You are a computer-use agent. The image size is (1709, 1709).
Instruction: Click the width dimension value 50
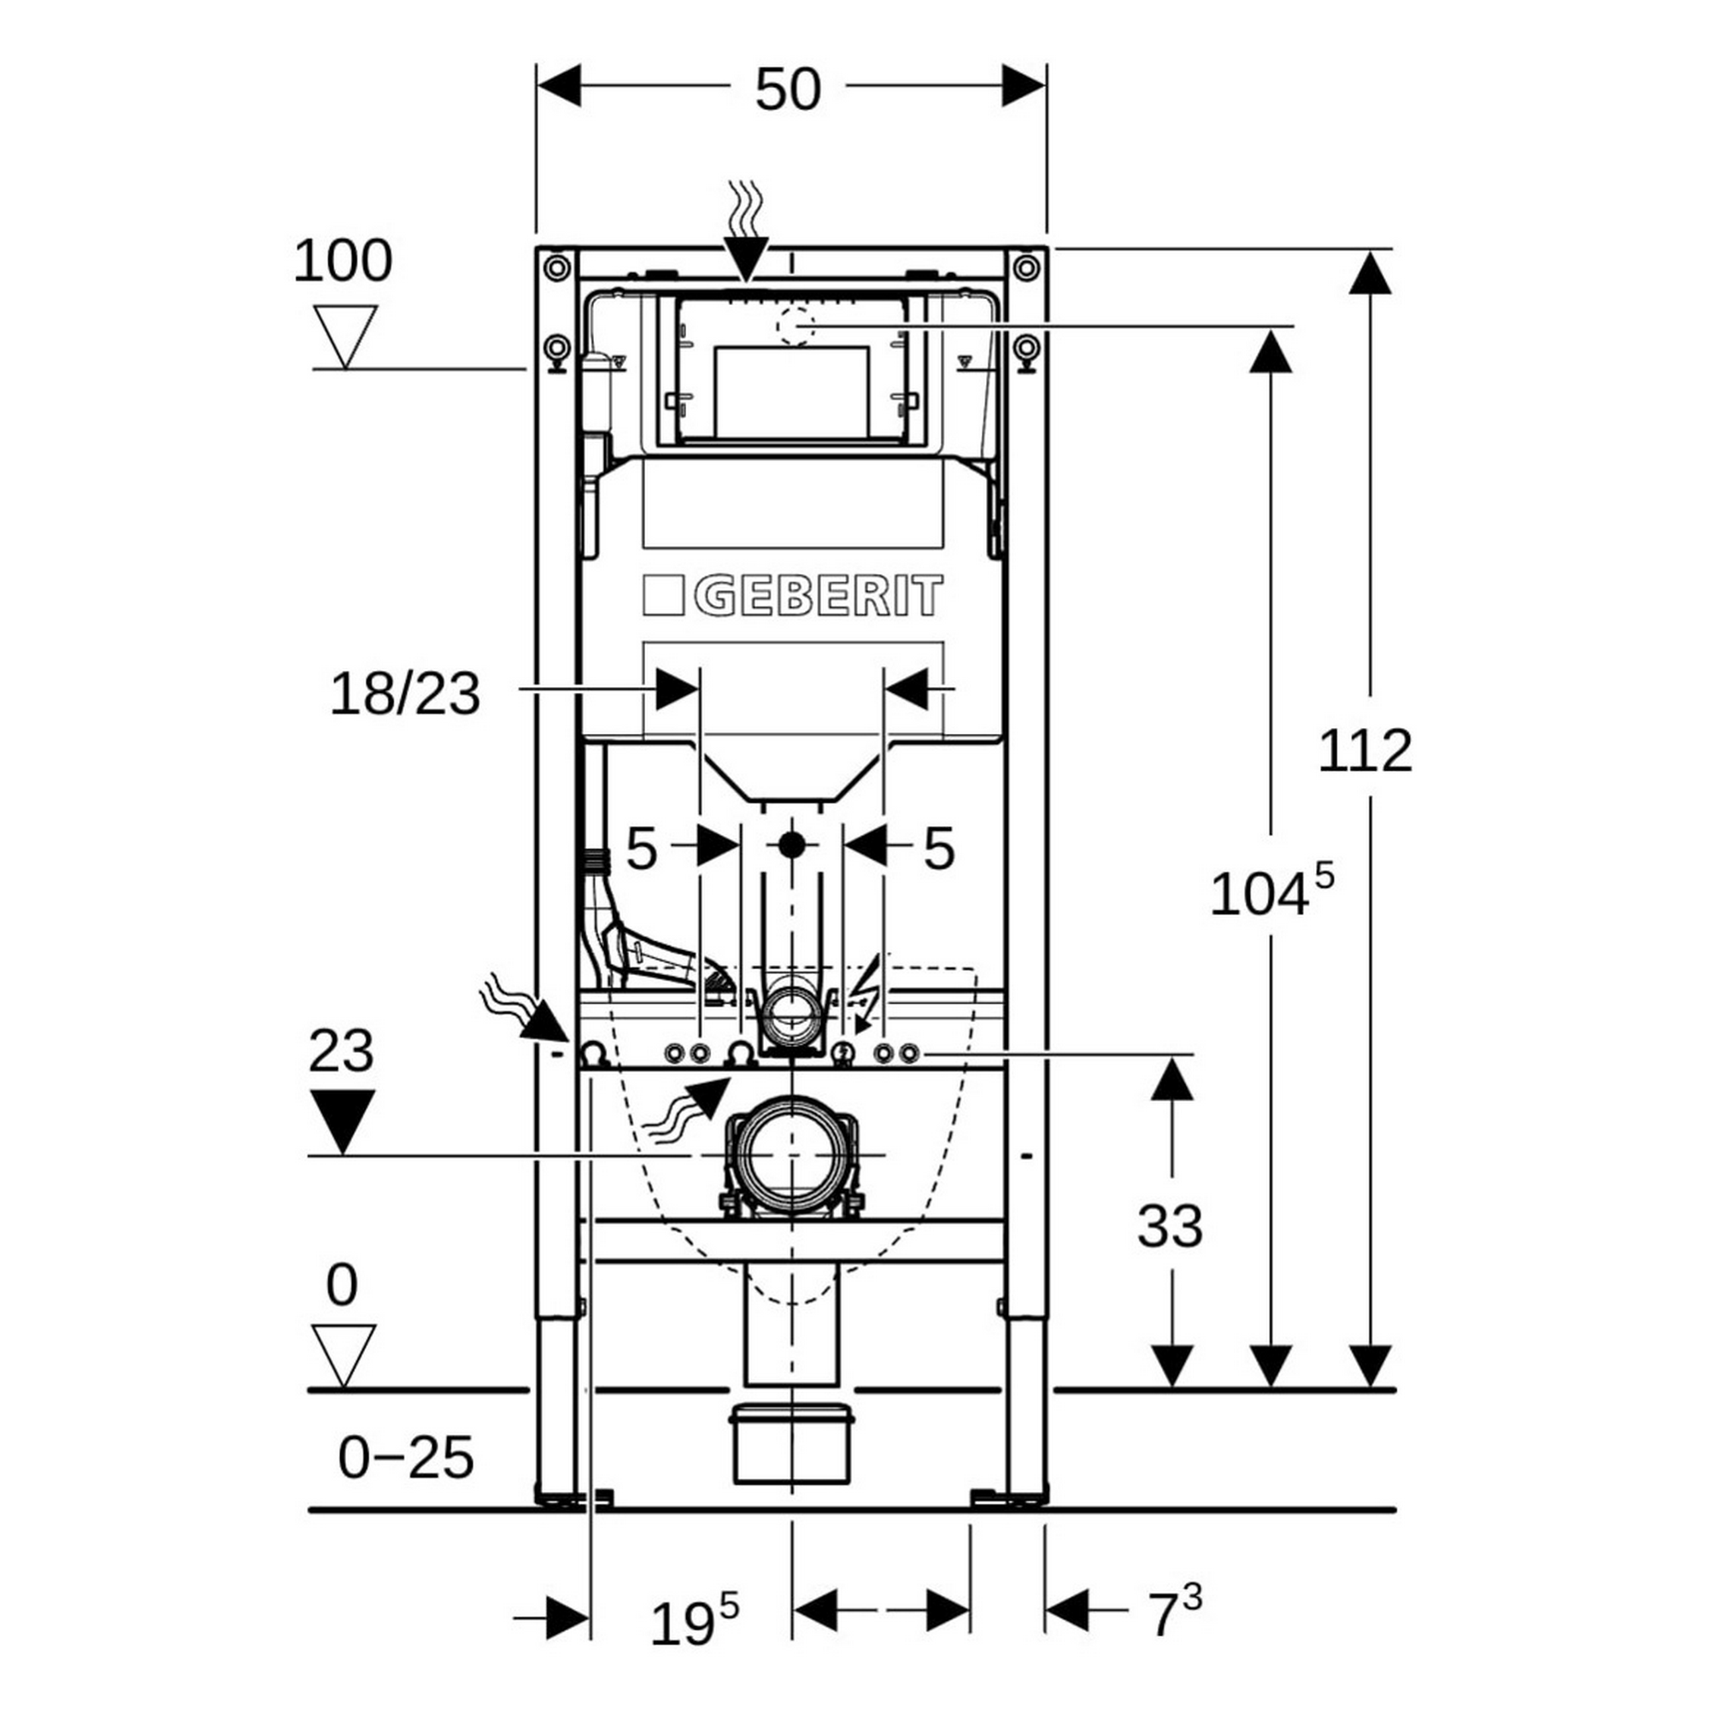point(787,91)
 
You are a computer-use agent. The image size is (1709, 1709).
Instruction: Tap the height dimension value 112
point(1365,752)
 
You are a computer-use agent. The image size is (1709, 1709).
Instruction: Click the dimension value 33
point(1170,1226)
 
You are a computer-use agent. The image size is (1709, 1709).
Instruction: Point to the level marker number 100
point(343,261)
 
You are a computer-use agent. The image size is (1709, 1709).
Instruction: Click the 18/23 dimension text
point(405,695)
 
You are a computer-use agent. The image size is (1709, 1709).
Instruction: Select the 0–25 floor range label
point(406,1458)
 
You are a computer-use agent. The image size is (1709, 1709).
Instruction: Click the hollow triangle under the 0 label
point(344,1354)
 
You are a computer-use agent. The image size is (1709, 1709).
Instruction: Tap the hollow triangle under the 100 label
point(346,335)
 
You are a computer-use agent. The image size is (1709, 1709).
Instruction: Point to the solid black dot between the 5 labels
point(792,845)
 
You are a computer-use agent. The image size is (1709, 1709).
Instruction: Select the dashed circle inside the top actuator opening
point(795,326)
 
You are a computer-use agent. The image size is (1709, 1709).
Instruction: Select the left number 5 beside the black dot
point(642,849)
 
